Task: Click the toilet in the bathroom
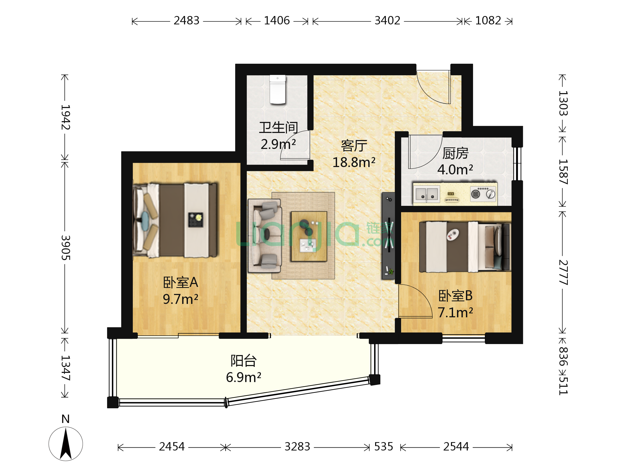(277, 90)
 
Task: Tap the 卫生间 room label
(278, 127)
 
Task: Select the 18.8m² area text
(354, 163)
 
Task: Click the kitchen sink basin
(426, 194)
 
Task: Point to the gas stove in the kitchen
(483, 194)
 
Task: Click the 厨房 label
(455, 153)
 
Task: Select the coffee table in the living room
(309, 236)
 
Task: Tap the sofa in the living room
(265, 236)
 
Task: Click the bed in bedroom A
(175, 221)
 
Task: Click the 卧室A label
(180, 282)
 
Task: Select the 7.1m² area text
(455, 313)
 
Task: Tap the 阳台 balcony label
(244, 361)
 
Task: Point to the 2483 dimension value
(187, 20)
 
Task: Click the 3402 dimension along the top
(387, 20)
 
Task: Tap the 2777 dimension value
(563, 272)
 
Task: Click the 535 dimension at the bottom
(384, 447)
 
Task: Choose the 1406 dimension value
(277, 20)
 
